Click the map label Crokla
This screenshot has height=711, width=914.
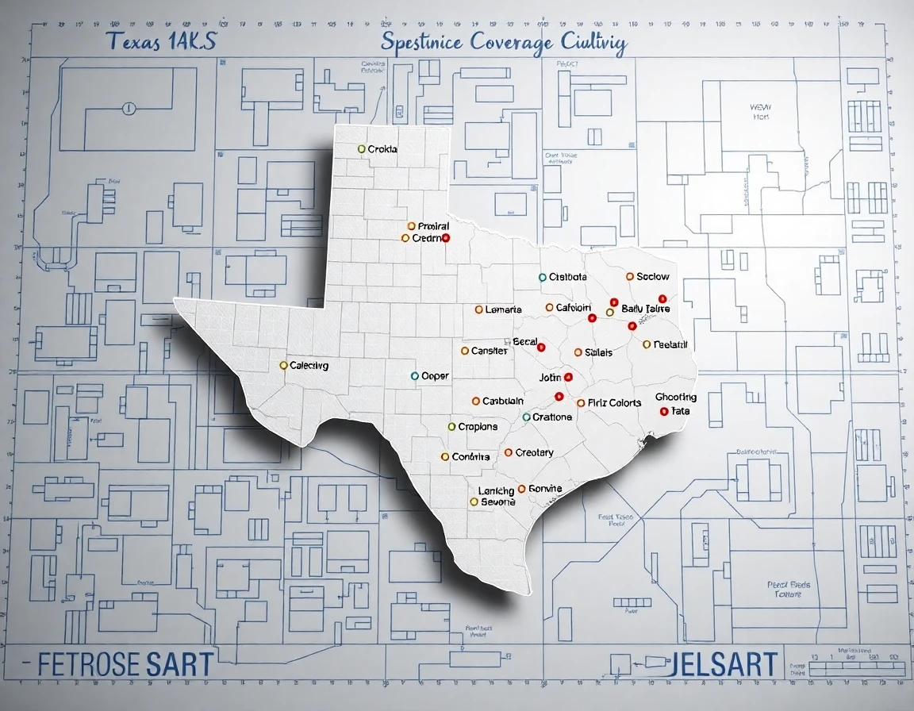[382, 149]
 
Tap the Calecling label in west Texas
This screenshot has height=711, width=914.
[309, 366]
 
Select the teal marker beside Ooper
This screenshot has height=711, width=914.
[414, 375]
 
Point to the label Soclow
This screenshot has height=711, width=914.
[653, 277]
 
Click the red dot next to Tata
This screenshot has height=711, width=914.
[663, 411]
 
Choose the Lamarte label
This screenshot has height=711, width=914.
[503, 309]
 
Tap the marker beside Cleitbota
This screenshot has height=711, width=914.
[543, 278]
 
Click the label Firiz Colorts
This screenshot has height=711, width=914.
[615, 403]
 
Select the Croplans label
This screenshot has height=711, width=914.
[478, 427]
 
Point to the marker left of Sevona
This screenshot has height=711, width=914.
[474, 502]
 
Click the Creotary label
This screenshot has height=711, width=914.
[534, 453]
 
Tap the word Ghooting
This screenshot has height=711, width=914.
[676, 397]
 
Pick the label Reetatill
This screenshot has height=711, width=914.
[670, 344]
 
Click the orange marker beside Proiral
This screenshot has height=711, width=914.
[411, 226]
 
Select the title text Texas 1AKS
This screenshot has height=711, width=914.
[162, 43]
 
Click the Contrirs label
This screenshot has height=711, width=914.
[471, 457]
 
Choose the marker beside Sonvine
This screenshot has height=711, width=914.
[521, 489]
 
